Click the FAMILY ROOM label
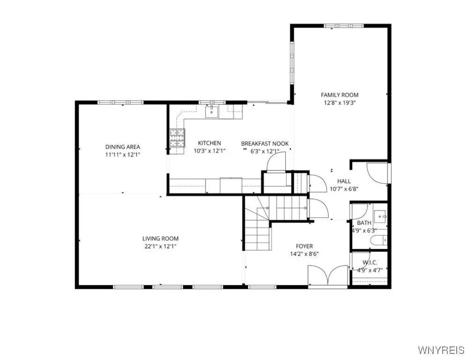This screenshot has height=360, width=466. (340, 95)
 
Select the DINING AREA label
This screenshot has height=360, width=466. (122, 147)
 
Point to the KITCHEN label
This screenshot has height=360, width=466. (209, 143)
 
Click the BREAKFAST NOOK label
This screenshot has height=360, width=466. (265, 143)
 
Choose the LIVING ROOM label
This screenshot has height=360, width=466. (161, 239)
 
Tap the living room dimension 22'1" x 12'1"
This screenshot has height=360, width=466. (161, 246)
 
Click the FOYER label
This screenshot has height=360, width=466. (304, 246)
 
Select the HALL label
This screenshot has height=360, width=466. (344, 181)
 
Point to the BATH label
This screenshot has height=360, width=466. (364, 223)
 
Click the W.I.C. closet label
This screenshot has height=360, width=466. (370, 263)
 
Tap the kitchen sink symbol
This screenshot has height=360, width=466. (212, 112)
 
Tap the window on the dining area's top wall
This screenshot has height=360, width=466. (120, 102)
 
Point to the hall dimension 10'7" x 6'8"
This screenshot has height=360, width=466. (344, 189)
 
